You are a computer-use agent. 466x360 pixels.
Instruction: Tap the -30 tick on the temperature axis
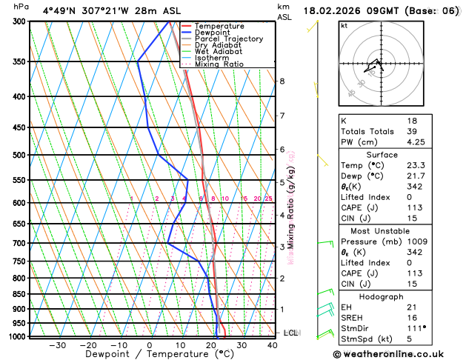(57, 344)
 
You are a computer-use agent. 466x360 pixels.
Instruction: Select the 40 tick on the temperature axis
(273, 344)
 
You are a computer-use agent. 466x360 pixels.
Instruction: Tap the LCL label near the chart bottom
(290, 333)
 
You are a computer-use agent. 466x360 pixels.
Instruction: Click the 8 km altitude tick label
(282, 81)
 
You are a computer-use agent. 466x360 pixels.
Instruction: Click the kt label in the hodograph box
(344, 26)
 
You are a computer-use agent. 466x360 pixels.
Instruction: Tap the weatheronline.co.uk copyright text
(397, 354)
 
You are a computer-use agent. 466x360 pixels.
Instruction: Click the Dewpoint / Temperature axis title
(149, 354)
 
